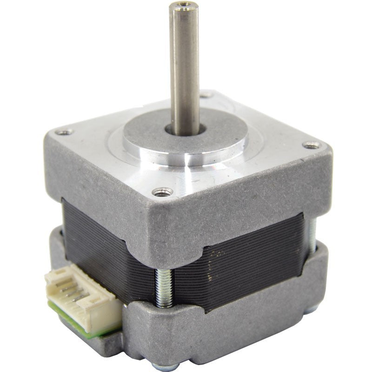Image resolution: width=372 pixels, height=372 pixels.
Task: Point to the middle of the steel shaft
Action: (x=185, y=70)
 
